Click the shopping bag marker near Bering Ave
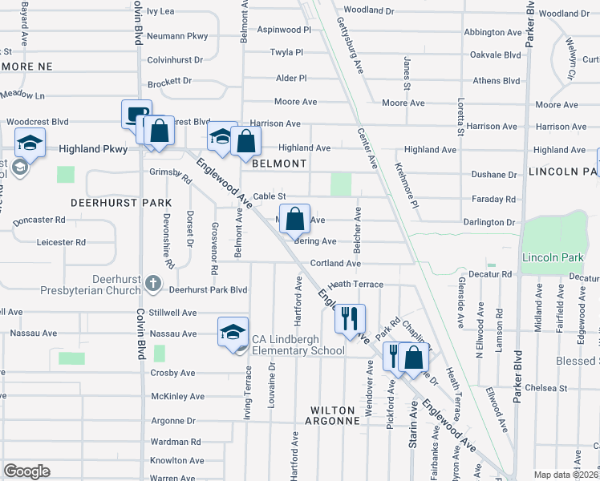tap(294, 218)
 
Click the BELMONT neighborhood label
tap(279, 163)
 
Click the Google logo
tap(26, 471)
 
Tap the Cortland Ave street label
tap(335, 263)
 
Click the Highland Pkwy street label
tap(93, 149)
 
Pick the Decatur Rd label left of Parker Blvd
tap(495, 274)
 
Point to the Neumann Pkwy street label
tap(177, 36)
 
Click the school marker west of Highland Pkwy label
tap(30, 145)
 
